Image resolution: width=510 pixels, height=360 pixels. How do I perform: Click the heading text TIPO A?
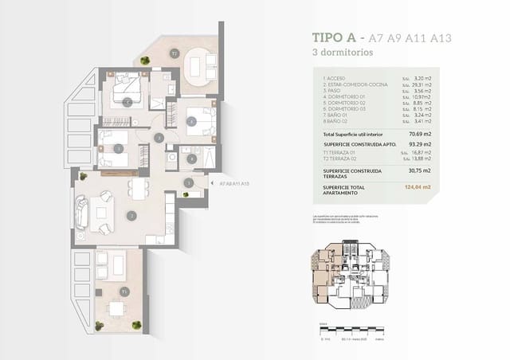tap(334, 37)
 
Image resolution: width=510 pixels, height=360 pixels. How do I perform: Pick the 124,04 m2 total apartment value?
tap(418, 186)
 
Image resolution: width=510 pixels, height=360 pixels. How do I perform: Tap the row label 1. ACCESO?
tap(336, 77)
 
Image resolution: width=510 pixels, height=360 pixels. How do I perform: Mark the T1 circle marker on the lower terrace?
tap(124, 292)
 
